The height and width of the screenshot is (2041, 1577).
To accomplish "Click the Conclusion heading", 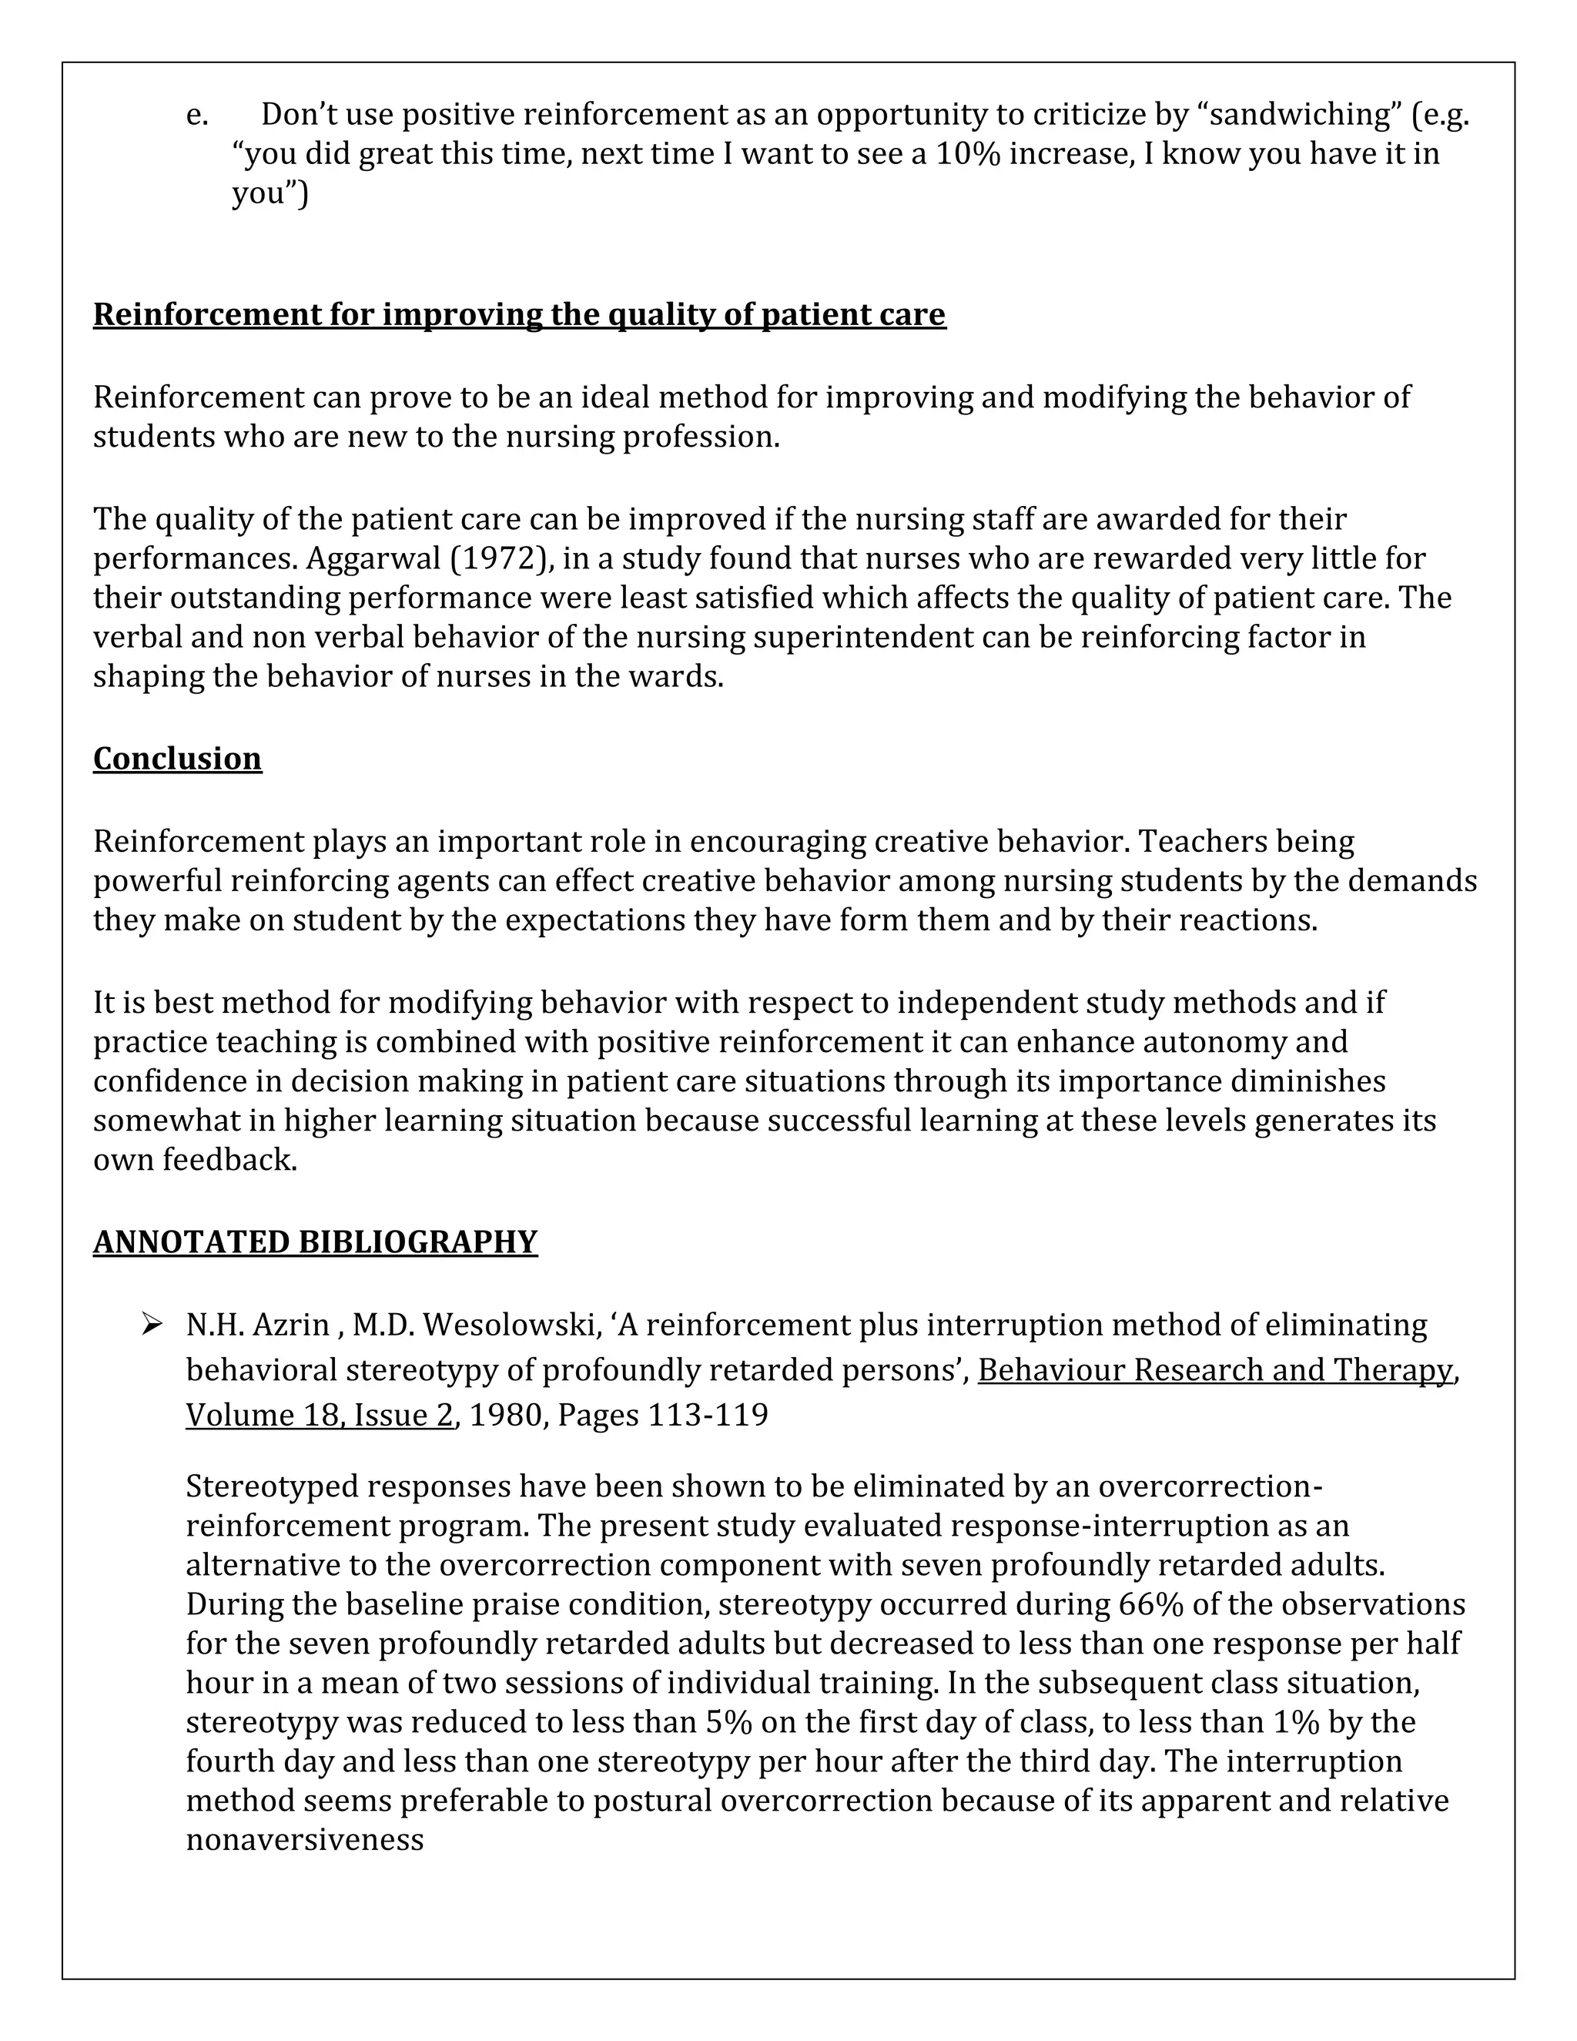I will coord(178,758).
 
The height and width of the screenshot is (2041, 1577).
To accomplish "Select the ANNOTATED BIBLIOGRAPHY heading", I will coord(315,1242).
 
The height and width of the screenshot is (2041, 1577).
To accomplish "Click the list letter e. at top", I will coord(197,115).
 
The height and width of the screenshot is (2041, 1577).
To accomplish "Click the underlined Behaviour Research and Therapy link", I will coord(1215,1370).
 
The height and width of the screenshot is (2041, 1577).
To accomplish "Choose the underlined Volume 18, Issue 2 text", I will coord(320,1415).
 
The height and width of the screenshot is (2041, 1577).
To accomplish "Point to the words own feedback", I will coord(194,1160).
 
